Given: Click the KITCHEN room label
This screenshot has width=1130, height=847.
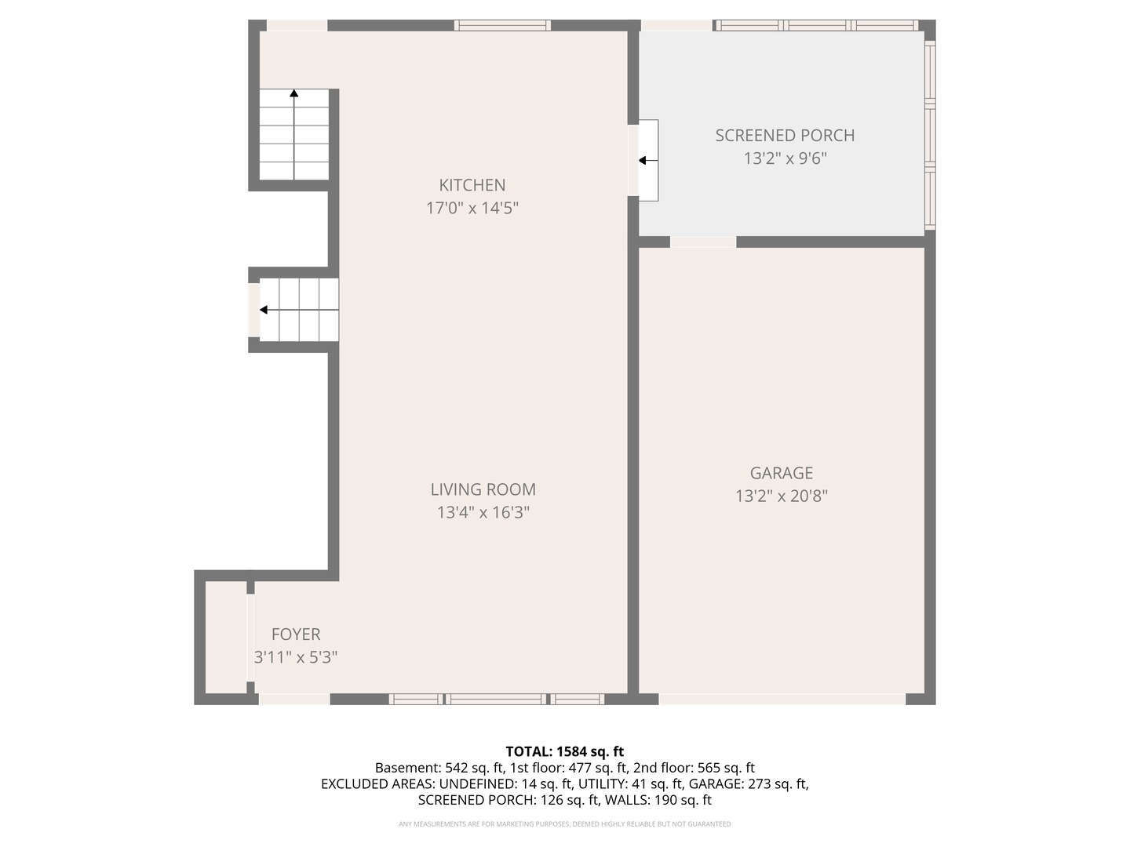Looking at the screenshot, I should pos(472,185).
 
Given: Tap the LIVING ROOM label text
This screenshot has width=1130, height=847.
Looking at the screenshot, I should pos(483,489).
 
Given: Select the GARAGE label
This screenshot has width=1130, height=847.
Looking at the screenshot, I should pos(781,473).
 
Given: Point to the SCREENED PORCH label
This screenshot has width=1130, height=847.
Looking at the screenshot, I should pos(785,136).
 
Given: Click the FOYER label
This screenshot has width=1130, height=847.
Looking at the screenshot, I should pos(296,634).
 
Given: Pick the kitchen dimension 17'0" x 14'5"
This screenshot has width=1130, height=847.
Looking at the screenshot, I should pos(472,209).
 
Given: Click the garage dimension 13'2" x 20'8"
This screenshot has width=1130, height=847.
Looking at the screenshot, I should pos(781,496).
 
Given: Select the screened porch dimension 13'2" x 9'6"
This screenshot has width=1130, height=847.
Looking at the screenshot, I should pos(785,159).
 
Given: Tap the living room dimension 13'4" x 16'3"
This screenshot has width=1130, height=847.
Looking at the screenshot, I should pos(483,513).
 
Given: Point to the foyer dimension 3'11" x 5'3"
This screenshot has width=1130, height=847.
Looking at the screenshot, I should pos(296,657).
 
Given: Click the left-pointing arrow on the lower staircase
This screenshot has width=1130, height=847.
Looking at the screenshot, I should pos(265,310).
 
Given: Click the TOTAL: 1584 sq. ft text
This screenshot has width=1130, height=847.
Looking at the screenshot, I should pos(564,751).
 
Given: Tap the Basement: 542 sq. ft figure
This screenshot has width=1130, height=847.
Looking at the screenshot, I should pos(439,768).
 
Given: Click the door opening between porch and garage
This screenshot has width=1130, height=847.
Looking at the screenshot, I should pos(703,242).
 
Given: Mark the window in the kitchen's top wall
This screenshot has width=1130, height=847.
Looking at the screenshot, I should pos(502,25).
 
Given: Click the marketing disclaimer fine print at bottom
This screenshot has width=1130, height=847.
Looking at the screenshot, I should pos(564,824).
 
